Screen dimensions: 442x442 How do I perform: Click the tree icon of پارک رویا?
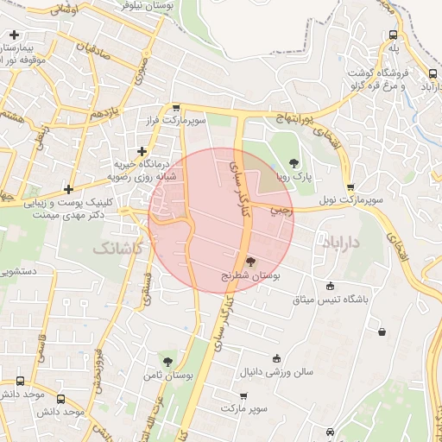294,162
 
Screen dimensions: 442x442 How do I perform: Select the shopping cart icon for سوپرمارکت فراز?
176,109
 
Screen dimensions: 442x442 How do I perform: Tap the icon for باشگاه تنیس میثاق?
330,287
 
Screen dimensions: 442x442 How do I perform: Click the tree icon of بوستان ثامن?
167,363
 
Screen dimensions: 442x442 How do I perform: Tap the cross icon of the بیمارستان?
14,35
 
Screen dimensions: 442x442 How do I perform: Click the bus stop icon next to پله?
394,35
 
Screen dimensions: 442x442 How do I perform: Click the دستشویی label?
17,271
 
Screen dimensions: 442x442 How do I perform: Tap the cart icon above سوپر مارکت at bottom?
243,395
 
